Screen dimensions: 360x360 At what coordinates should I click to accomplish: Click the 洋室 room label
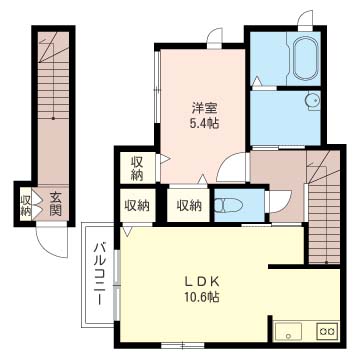click(x=204, y=109)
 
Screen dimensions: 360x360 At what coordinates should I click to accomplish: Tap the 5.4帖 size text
click(x=204, y=124)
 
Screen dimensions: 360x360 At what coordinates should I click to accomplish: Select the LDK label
click(x=202, y=282)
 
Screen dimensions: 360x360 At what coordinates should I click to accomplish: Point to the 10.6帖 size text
click(x=202, y=297)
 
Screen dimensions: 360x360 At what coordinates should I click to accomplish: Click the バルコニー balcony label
click(x=99, y=273)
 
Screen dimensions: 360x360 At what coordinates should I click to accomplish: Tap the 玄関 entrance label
click(x=56, y=204)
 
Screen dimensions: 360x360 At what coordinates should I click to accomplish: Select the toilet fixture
click(x=228, y=205)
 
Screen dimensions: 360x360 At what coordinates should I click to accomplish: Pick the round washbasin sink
click(x=313, y=101)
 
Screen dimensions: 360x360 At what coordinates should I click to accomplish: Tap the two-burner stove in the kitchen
click(x=327, y=331)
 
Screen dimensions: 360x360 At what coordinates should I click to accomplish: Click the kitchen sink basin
click(x=288, y=331)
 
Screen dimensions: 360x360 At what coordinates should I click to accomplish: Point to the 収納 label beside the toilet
click(x=189, y=206)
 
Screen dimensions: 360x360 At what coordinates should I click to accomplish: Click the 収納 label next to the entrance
click(x=26, y=205)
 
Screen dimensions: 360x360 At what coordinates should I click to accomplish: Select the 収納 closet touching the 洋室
click(x=138, y=169)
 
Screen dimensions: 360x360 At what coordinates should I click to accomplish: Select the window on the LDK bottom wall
click(x=183, y=346)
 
